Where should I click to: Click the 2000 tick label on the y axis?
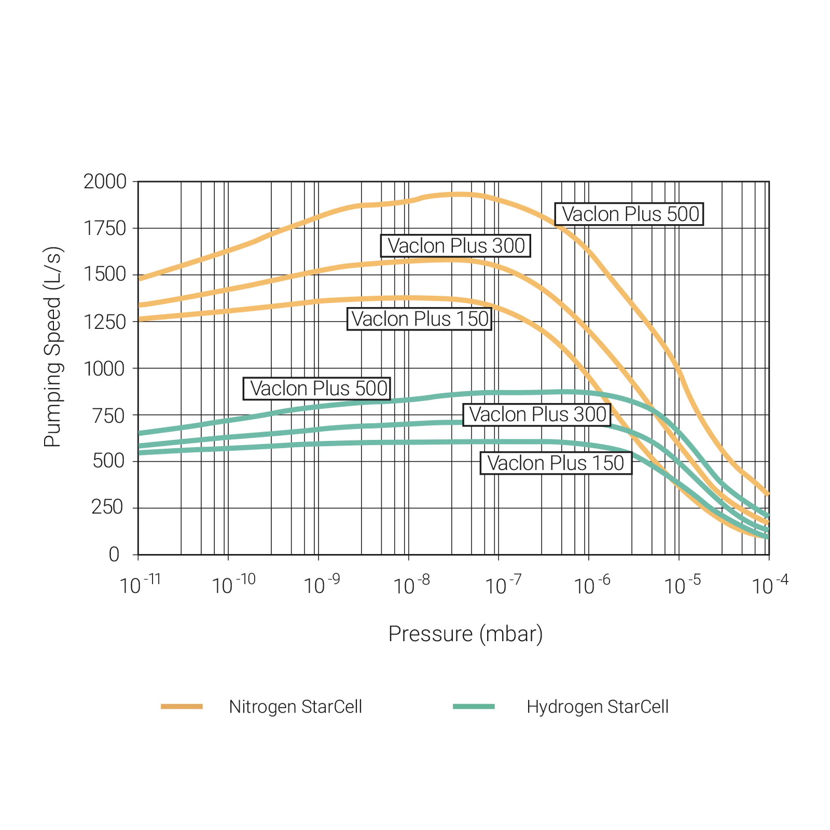[105, 182]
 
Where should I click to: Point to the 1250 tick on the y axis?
[105, 322]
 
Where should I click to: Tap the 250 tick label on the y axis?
[108, 507]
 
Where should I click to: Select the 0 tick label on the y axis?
[114, 555]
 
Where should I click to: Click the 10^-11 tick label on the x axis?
[140, 584]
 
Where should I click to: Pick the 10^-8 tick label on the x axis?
[411, 585]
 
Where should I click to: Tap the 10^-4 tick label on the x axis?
[770, 585]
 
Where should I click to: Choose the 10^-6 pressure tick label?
[592, 585]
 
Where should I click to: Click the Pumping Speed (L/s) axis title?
[53, 347]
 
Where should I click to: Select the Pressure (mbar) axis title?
[465, 634]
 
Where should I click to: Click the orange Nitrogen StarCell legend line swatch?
[182, 707]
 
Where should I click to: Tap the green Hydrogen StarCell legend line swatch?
[474, 707]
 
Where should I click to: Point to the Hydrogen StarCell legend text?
[597, 707]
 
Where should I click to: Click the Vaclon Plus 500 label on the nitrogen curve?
[629, 214]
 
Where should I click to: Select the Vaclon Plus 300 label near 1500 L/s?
[455, 246]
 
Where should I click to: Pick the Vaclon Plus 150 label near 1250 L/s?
[419, 319]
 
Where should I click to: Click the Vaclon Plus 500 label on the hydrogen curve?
[317, 389]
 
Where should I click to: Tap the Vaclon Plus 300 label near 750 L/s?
[537, 415]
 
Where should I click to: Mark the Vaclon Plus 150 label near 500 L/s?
[556, 463]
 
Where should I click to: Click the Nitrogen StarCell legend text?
[295, 707]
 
